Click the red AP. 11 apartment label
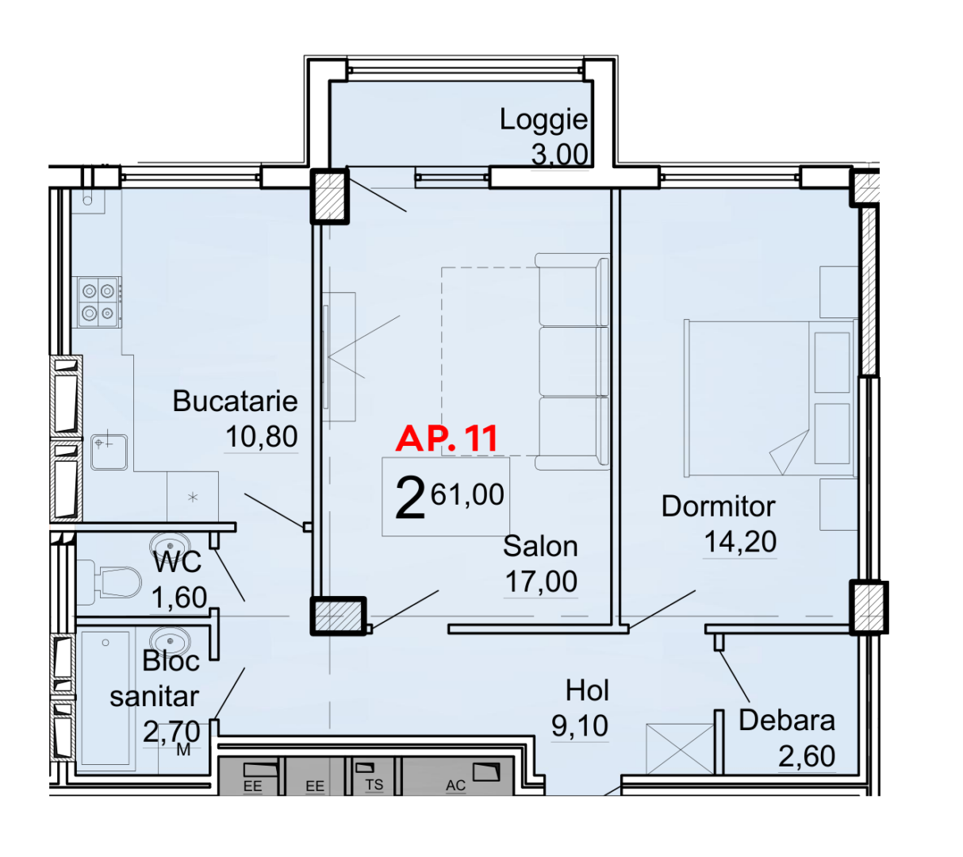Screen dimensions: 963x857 [x=447, y=438]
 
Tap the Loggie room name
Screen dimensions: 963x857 [x=543, y=120]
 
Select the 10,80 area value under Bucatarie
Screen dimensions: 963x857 [x=262, y=436]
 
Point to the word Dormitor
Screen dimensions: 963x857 [x=718, y=506]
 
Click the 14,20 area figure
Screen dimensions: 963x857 [x=740, y=541]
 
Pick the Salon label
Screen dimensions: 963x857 [x=540, y=546]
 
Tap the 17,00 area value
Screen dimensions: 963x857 [x=541, y=581]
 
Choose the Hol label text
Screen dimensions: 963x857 [x=586, y=690]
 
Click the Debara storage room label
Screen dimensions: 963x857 [x=787, y=721]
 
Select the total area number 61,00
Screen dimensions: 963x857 [x=467, y=494]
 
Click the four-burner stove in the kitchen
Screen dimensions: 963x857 [x=99, y=302]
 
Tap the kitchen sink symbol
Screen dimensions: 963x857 [x=109, y=452]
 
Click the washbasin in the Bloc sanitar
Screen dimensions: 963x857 [x=170, y=640]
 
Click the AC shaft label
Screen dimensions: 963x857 [x=455, y=786]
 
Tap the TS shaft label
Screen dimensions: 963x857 [x=374, y=785]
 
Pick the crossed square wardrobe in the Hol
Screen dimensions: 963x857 [x=680, y=749]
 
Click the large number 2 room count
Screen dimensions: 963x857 [x=410, y=498]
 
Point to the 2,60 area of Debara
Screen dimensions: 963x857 [x=807, y=755]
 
